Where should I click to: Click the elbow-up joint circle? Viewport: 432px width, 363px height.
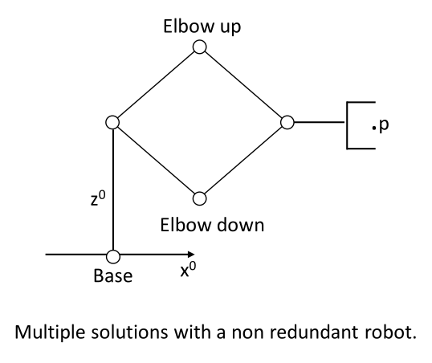pos(199,47)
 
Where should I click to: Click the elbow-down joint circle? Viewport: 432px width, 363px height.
pos(199,198)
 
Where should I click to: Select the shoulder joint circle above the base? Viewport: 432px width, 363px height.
pos(112,122)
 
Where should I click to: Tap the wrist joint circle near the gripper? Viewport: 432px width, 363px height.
pos(287,122)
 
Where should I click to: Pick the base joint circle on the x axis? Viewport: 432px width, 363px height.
pos(113,256)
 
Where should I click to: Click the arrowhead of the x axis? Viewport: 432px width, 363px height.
pos(191,254)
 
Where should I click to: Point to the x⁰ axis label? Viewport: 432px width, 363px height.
pos(189,269)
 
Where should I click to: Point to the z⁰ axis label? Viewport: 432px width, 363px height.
pos(98,198)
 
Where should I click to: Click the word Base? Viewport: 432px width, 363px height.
pos(113,275)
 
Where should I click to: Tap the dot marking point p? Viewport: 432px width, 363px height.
pos(374,128)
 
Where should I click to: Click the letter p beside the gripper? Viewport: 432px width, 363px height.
pos(384,126)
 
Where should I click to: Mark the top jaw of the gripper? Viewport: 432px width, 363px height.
pos(361,102)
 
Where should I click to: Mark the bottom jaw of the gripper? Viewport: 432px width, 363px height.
pos(361,149)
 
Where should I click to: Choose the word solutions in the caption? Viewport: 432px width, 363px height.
pos(129,332)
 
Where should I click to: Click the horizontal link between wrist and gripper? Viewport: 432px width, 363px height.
pos(320,122)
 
